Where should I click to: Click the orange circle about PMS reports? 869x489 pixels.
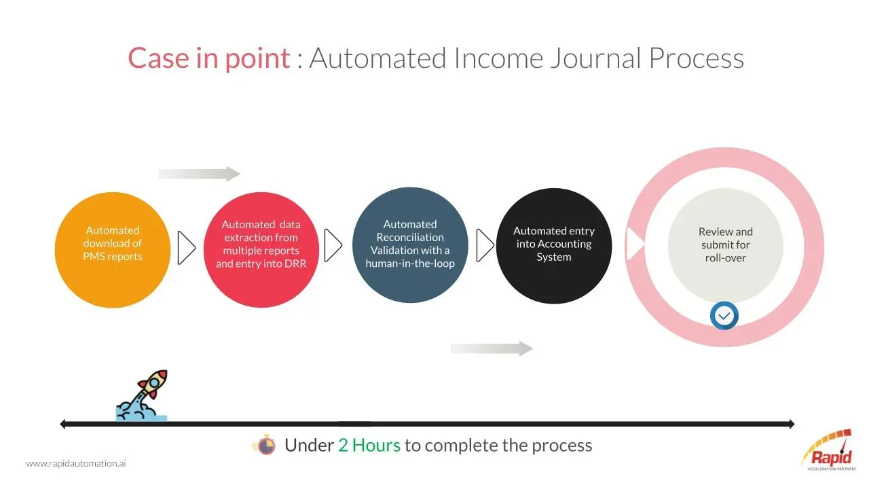[x=113, y=250]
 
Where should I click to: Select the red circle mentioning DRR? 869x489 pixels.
[x=261, y=250]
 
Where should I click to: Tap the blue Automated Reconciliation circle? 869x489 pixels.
[x=410, y=245]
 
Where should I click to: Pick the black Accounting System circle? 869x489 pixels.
[x=554, y=246]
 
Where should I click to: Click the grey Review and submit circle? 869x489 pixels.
[x=726, y=246]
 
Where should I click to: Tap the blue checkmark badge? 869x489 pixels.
[x=724, y=316]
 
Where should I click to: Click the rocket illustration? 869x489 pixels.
[x=142, y=395]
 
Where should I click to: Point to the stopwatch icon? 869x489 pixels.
[x=265, y=445]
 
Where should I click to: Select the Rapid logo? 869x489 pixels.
[x=829, y=450]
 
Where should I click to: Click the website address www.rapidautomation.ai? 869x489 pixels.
[x=76, y=463]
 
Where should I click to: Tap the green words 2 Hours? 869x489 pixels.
[x=369, y=445]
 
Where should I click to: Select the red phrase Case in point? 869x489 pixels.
[x=209, y=58]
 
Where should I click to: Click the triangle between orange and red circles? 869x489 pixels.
[x=186, y=248]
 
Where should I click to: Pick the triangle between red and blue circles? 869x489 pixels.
[x=333, y=245]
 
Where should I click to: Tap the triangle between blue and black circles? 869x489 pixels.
[x=485, y=245]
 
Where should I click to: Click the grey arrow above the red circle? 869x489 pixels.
[x=199, y=174]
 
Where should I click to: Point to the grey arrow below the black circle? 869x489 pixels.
[x=492, y=348]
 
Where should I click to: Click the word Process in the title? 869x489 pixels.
[x=697, y=58]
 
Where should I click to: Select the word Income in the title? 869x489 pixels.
[x=498, y=58]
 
